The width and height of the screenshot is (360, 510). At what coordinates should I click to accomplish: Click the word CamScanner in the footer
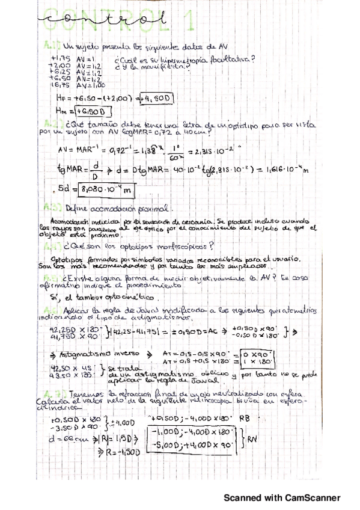coord(309,497)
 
